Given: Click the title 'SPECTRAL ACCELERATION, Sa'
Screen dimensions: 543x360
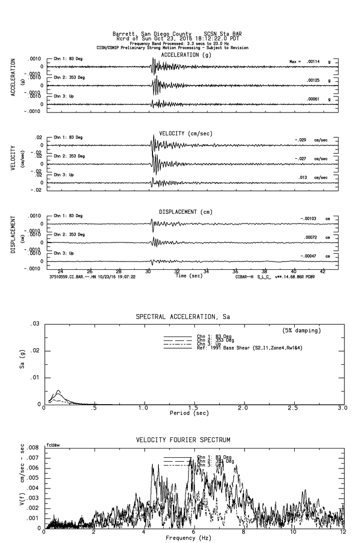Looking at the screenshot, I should tap(183, 317).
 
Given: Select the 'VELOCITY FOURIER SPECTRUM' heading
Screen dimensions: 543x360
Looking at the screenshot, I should tap(183, 440).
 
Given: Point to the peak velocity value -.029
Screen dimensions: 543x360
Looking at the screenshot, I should tap(302, 140).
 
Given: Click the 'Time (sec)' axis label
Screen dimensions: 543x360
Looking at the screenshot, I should tap(189, 276).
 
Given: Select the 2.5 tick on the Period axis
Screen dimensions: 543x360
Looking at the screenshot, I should tap(293, 407).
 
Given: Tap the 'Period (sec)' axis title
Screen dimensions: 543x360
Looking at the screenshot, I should tap(188, 413).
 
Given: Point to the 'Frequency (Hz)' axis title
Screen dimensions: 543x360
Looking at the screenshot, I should tap(188, 538).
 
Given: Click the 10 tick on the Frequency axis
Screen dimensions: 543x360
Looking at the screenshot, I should tap(293, 532).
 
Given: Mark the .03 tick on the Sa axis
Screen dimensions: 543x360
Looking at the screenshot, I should tap(35, 324).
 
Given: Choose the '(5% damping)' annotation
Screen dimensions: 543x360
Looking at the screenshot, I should tap(302, 331).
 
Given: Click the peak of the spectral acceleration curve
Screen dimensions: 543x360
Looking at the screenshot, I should tap(58, 391).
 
